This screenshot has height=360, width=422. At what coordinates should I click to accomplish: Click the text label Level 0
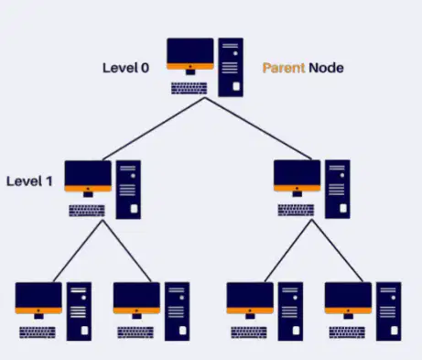pos(125,68)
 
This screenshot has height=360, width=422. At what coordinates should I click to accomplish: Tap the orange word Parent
pos(284,68)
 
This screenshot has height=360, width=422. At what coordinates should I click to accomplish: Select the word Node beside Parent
pos(326,68)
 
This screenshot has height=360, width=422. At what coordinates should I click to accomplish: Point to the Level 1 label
pos(29,181)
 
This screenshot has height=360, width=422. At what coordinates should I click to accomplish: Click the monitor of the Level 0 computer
pos(190,56)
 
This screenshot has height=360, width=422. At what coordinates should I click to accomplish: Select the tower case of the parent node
pos(231,67)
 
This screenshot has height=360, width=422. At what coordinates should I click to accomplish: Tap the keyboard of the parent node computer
pos(189,88)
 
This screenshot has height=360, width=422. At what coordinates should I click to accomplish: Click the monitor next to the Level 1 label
pos(88,179)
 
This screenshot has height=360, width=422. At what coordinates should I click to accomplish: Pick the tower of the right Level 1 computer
pos(338,189)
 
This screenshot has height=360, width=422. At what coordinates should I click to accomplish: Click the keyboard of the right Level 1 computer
pos(296,211)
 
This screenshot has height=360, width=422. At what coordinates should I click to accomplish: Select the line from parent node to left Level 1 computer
pos(154,129)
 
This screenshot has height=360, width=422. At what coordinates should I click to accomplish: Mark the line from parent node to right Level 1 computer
pos(258,128)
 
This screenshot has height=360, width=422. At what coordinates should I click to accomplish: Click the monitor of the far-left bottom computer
pos(38,300)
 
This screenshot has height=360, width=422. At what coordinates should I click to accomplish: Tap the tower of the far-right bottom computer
pos(388,311)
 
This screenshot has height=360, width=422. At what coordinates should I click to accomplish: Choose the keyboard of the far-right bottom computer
pos(347,333)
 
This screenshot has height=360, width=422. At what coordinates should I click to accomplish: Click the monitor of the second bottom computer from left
pos(136,300)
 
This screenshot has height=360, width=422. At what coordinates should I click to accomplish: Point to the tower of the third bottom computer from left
pos(290,311)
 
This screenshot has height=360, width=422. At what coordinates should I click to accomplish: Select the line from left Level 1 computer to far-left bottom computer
pos(78,251)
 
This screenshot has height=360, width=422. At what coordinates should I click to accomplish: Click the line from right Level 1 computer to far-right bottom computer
pos(338,251)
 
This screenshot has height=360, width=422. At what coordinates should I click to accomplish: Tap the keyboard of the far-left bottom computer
pos(38,333)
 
